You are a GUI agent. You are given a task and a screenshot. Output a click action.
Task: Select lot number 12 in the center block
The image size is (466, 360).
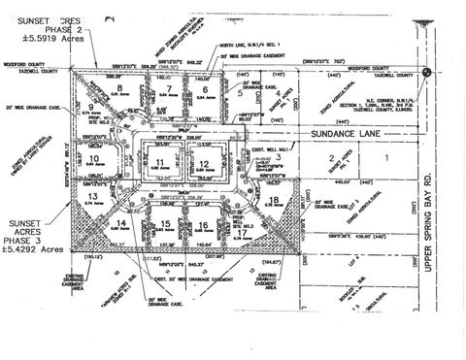point(204,162)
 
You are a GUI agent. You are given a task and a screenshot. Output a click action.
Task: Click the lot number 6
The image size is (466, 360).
point(207,88)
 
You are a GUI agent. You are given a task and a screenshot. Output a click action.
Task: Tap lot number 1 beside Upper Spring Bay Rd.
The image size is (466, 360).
point(386,156)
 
